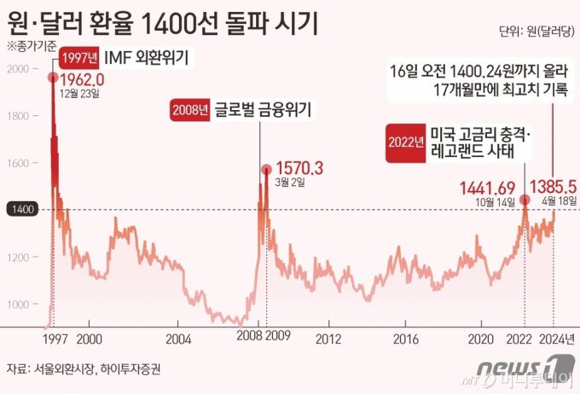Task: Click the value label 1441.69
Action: [487, 187]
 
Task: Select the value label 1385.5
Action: [554, 187]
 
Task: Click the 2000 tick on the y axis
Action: [18, 68]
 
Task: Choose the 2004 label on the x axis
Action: [177, 338]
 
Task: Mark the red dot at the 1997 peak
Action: [53, 78]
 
